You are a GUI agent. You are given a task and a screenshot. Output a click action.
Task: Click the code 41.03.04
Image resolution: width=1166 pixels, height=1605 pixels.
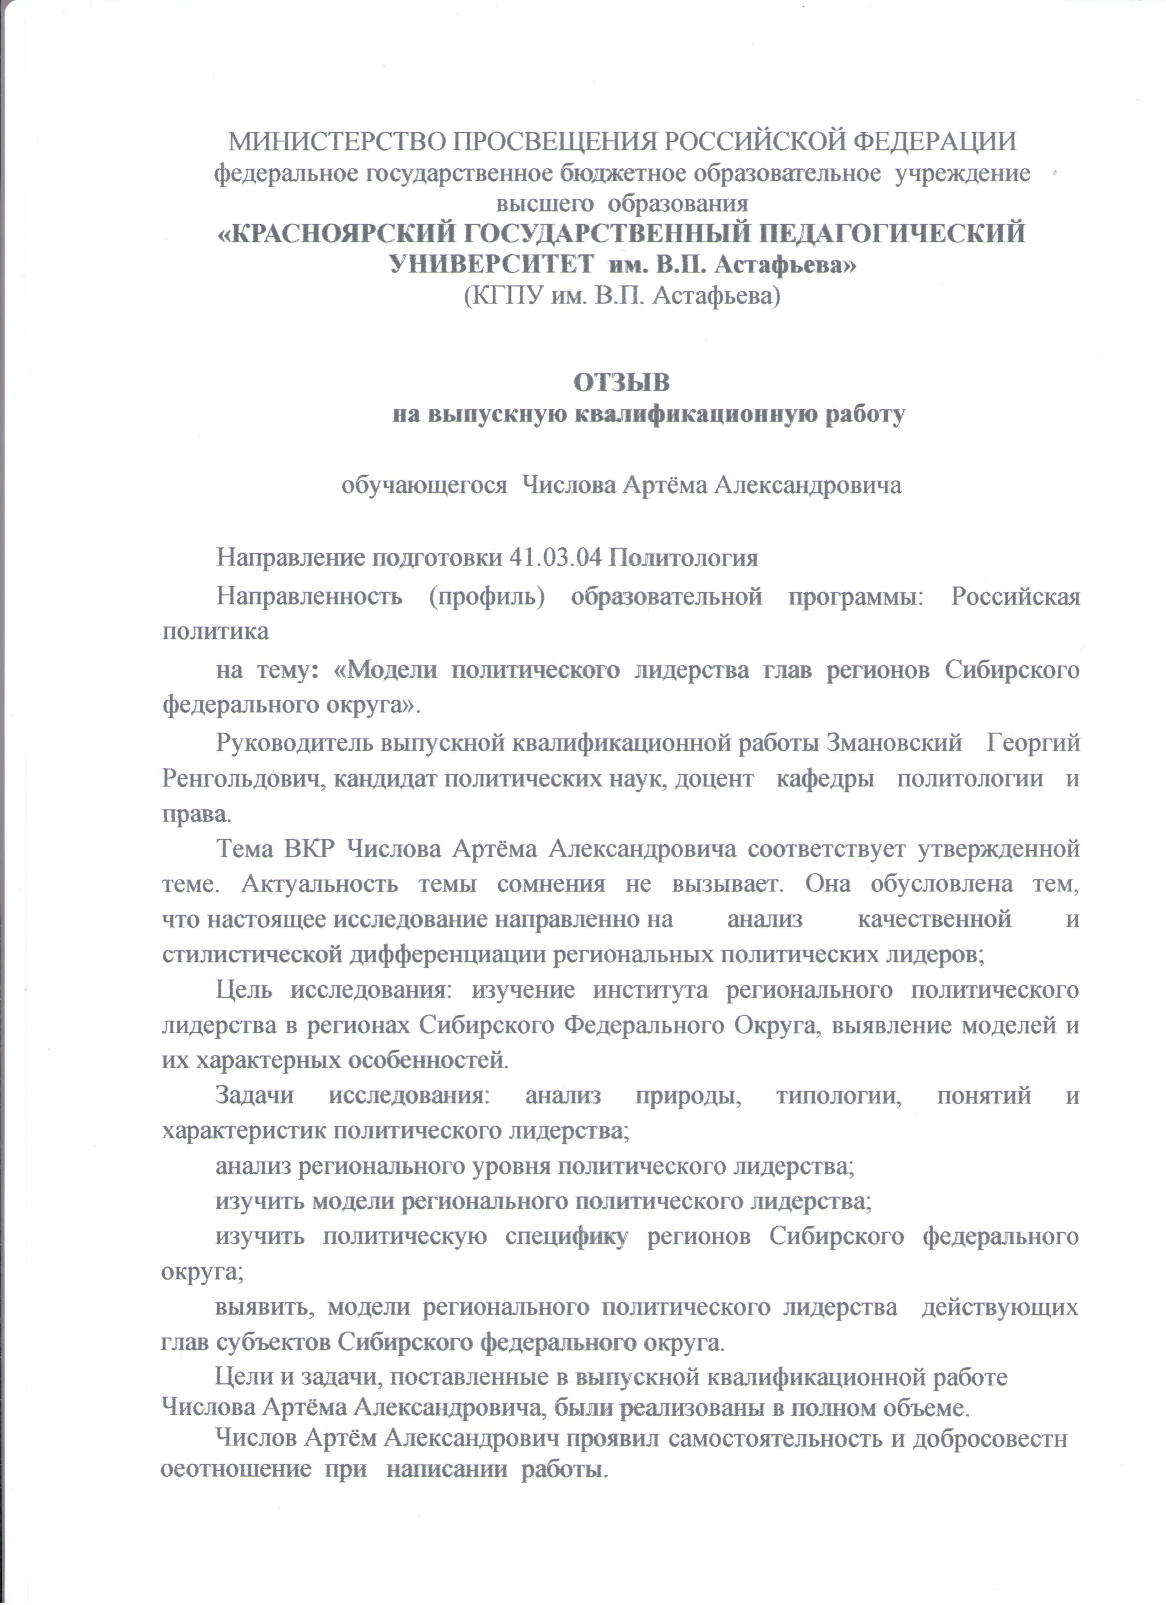pyautogui.click(x=556, y=558)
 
